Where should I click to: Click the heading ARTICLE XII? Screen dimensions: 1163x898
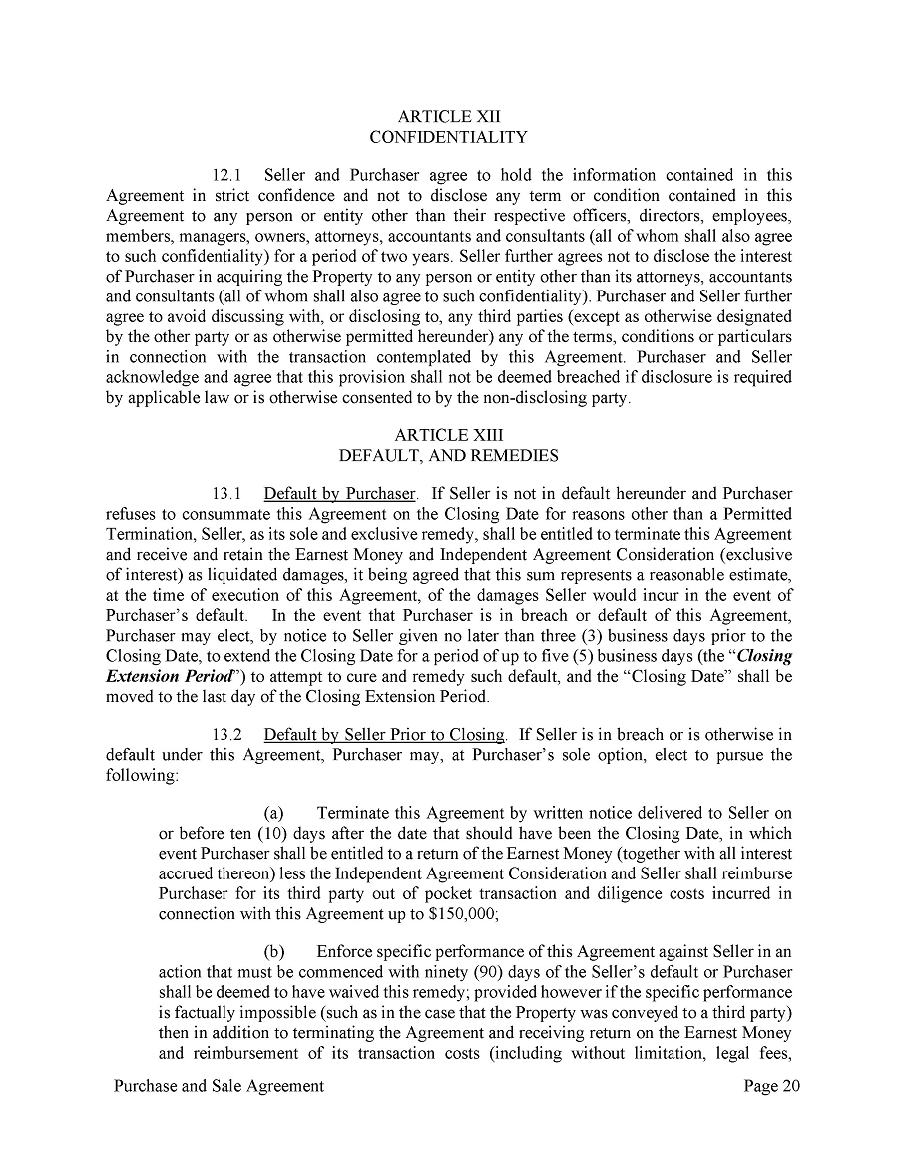(x=448, y=116)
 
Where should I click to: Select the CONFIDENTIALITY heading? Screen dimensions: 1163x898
(x=448, y=136)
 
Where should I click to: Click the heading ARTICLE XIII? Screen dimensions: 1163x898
(x=448, y=435)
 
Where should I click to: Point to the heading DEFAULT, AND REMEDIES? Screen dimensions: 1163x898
(x=448, y=455)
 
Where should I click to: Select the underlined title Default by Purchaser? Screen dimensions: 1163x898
(x=339, y=494)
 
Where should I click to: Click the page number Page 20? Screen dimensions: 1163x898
(x=771, y=1086)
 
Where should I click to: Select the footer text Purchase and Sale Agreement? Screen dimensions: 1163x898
(x=219, y=1086)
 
